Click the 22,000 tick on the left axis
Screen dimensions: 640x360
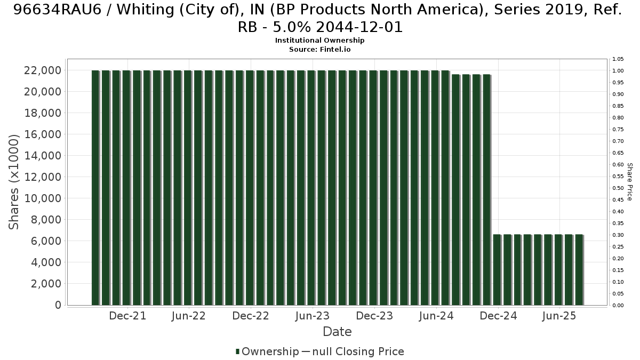pyautogui.click(x=43, y=70)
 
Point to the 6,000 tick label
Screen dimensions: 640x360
pyautogui.click(x=46, y=241)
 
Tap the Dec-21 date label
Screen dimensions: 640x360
pyautogui.click(x=127, y=316)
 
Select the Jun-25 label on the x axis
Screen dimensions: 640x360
pyautogui.click(x=559, y=316)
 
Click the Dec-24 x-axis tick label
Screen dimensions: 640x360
pyautogui.click(x=498, y=316)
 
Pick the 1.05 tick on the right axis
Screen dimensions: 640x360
pyautogui.click(x=618, y=59)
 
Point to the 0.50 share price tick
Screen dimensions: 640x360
pyautogui.click(x=618, y=188)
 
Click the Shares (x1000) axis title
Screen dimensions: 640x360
pyautogui.click(x=13, y=182)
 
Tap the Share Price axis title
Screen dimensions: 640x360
pyautogui.click(x=630, y=182)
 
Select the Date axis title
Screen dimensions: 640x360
pyautogui.click(x=337, y=332)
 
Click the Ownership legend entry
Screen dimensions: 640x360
pyautogui.click(x=267, y=351)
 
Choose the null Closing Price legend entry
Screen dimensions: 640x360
pyautogui.click(x=353, y=351)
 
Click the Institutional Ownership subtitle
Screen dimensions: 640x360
pyautogui.click(x=319, y=41)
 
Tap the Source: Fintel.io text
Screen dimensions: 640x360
pyautogui.click(x=319, y=50)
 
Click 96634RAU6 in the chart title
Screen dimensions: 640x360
pyautogui.click(x=58, y=10)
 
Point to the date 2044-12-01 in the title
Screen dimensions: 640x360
pyautogui.click(x=359, y=27)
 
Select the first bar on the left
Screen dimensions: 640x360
pyautogui.click(x=95, y=188)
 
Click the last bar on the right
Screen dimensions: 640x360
pyautogui.click(x=579, y=270)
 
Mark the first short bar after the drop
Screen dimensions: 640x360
pyautogui.click(x=497, y=270)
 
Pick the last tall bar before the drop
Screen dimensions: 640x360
pyautogui.click(x=486, y=190)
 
